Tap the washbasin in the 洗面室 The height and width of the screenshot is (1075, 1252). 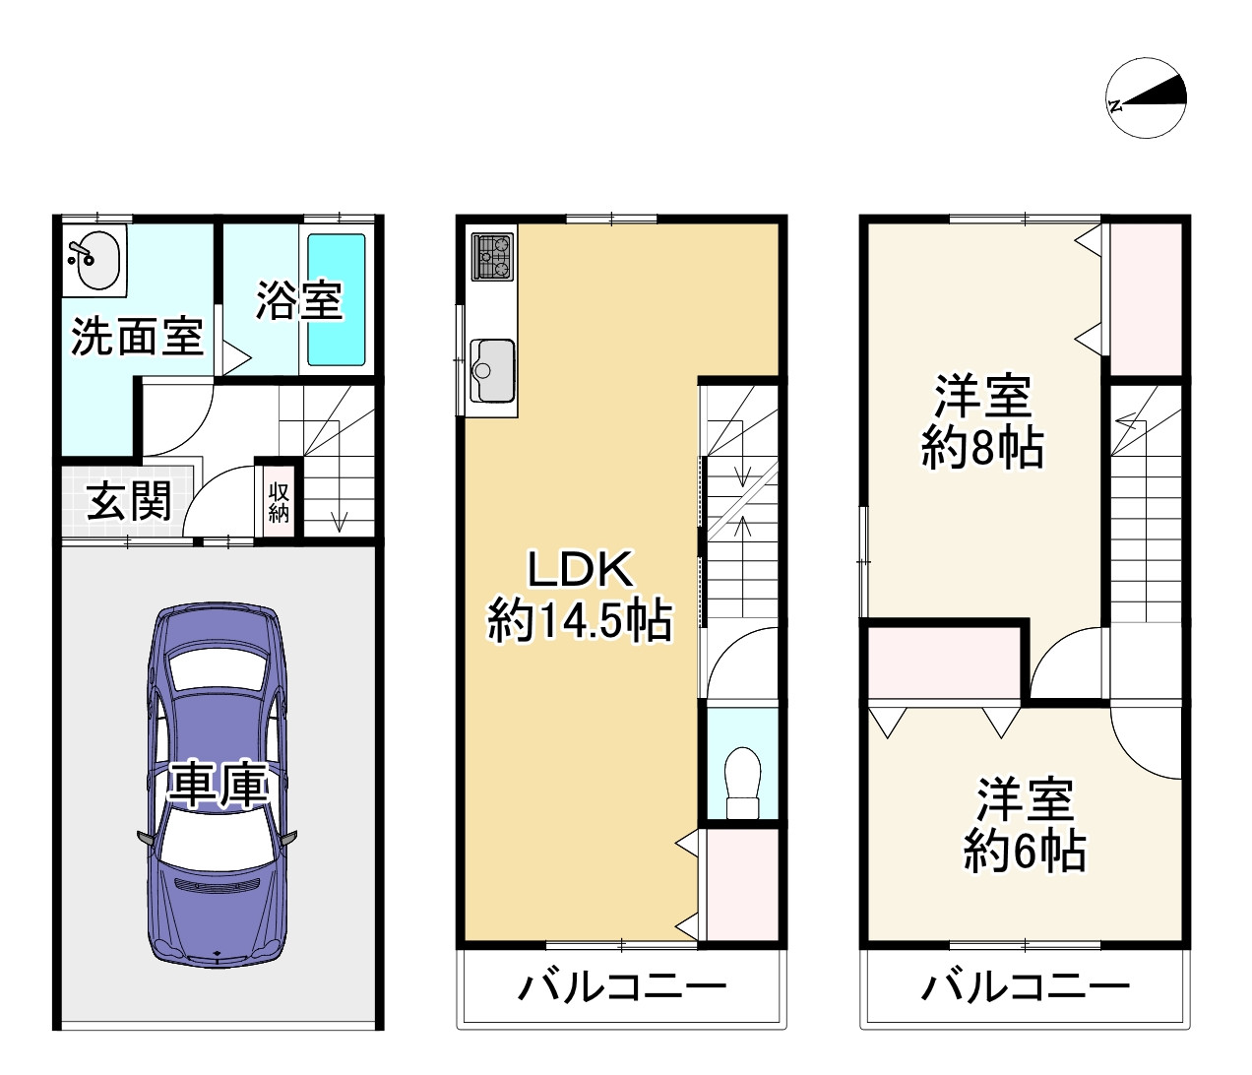pyautogui.click(x=94, y=261)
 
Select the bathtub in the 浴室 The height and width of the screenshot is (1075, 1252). pyautogui.click(x=337, y=300)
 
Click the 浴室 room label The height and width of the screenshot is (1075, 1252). pyautogui.click(x=299, y=300)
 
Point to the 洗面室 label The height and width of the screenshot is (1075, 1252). pyautogui.click(x=137, y=337)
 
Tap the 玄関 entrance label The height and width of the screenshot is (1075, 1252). pyautogui.click(x=129, y=500)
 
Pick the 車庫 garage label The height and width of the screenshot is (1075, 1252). pyautogui.click(x=219, y=786)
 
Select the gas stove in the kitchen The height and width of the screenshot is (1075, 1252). pyautogui.click(x=492, y=257)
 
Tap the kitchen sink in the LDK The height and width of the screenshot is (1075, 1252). pyautogui.click(x=492, y=369)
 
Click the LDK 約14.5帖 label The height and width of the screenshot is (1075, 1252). pyautogui.click(x=580, y=595)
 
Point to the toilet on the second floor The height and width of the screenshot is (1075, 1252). pyautogui.click(x=743, y=782)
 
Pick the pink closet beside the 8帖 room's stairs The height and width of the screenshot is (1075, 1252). pyautogui.click(x=1146, y=299)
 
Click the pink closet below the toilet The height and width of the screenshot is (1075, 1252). pyautogui.click(x=742, y=885)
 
